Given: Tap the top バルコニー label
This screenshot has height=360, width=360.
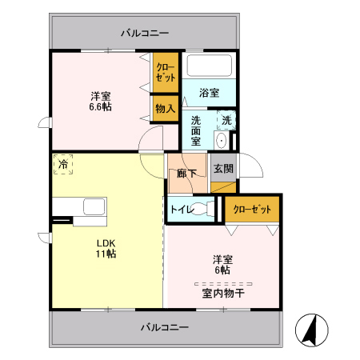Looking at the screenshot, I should tap(145, 33).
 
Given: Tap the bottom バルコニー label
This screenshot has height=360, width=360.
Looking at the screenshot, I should tap(165, 327).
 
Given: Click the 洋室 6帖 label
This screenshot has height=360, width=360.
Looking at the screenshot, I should tap(222, 263).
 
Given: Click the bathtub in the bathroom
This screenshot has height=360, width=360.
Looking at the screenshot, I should tap(209, 66).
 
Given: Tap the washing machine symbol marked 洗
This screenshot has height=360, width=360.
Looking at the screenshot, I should tap(227, 121).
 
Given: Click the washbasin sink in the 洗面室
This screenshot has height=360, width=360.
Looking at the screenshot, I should tap(222, 140).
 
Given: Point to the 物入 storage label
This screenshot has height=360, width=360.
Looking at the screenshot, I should tap(165, 108).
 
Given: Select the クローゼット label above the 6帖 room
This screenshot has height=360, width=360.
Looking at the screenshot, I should tap(252, 209).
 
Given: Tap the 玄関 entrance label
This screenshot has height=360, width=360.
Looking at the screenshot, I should tap(223, 169).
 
